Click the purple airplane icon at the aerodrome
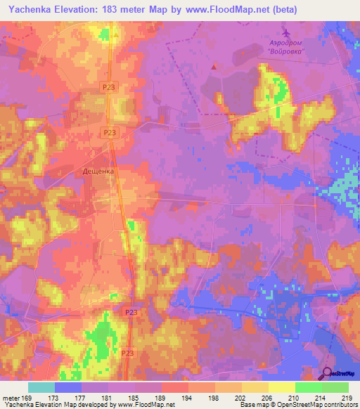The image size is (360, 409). [x=285, y=33]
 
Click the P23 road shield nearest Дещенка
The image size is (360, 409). [x=109, y=131]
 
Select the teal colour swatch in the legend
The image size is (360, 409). [x=41, y=387]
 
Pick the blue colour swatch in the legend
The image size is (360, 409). [x=68, y=387]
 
